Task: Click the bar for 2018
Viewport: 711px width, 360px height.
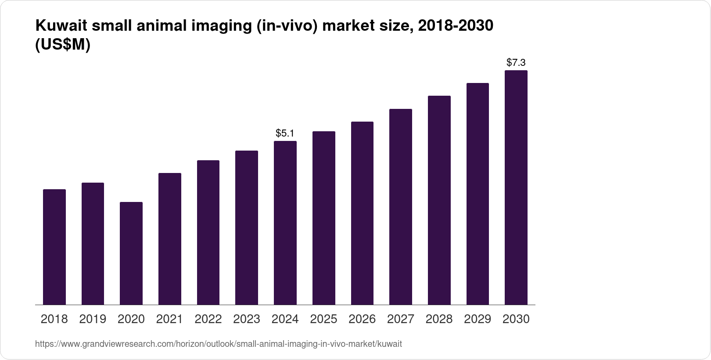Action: pos(54,247)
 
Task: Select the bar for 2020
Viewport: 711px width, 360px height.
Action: pos(131,253)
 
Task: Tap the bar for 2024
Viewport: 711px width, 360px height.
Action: pos(285,223)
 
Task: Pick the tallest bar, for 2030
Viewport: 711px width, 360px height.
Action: pos(516,187)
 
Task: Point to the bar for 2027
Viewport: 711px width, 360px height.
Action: pos(400,207)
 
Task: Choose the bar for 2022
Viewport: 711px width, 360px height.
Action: pos(208,232)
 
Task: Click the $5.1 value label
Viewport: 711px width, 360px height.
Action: pos(285,133)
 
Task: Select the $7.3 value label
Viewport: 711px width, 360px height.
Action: pos(516,62)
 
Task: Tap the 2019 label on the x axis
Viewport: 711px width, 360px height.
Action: pos(93,319)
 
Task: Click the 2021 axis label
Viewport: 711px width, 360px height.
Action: pos(169,319)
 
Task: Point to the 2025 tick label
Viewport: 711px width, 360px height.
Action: pos(323,319)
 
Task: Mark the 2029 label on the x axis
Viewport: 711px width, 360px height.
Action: pos(478,319)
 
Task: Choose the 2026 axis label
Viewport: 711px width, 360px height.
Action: pos(362,319)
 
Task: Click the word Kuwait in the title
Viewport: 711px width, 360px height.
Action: pos(62,26)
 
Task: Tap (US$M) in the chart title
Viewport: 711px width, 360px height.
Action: pos(62,45)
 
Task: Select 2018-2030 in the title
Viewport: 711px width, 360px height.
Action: pos(456,26)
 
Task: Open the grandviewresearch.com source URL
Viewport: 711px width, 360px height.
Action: pos(218,344)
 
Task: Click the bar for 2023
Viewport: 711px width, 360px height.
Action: pos(247,227)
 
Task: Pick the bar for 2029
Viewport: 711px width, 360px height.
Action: pos(478,194)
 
